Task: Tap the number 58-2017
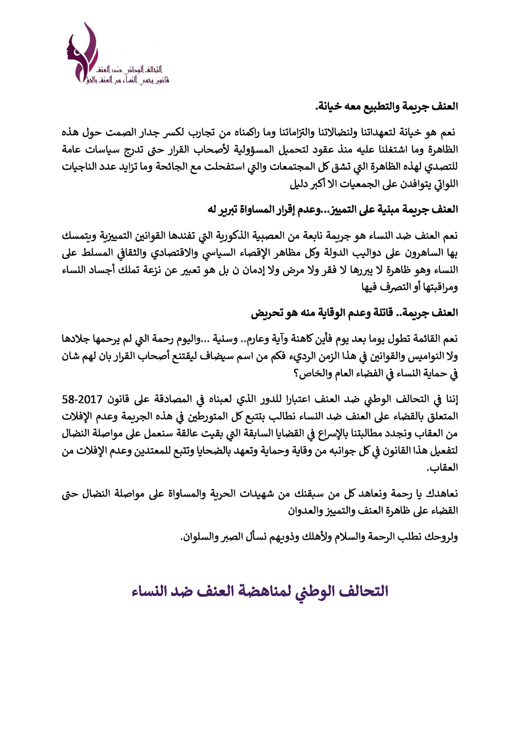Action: tap(83, 399)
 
